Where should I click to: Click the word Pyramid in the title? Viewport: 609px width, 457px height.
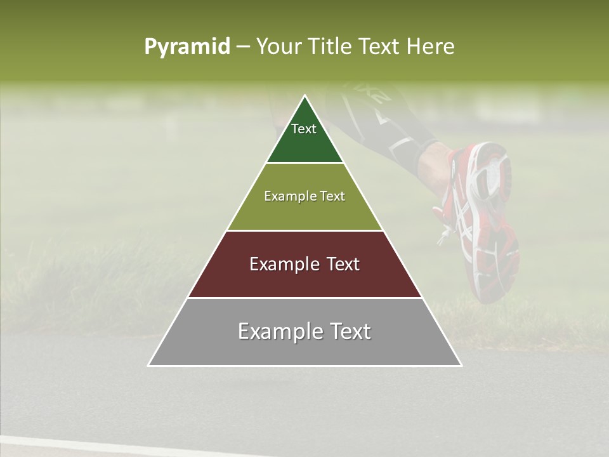point(187,47)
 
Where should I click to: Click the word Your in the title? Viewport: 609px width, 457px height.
point(277,46)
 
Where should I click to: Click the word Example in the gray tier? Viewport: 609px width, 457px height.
point(277,331)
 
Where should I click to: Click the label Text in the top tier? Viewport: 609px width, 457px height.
point(304,129)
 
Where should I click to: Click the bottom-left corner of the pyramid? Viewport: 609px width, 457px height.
point(148,365)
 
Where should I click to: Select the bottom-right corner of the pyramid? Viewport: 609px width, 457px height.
point(461,365)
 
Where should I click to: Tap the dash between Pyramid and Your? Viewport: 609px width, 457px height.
point(243,47)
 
